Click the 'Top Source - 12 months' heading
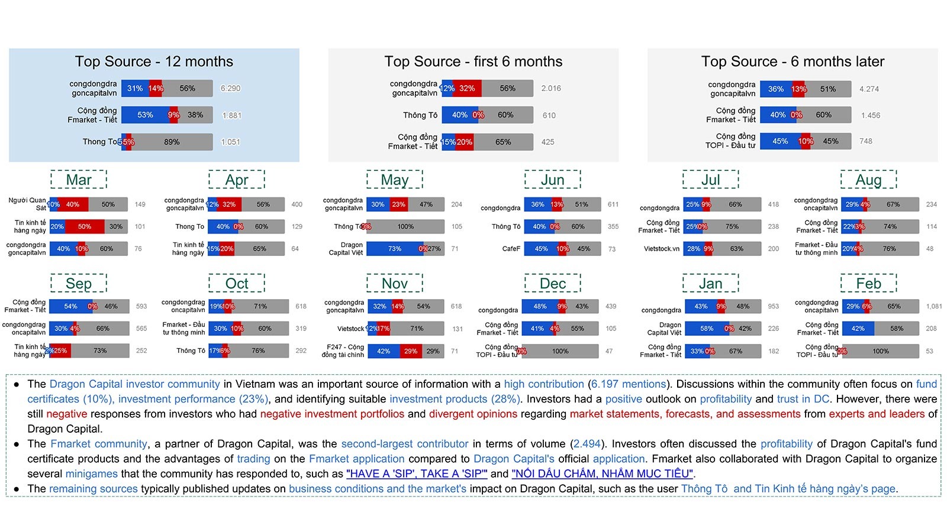tap(154, 61)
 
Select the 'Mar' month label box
tap(79, 180)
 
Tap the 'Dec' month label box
tap(552, 284)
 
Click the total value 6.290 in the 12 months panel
tap(230, 89)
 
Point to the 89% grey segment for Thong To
tap(172, 142)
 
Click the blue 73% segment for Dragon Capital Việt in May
tap(394, 249)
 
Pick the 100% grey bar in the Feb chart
tap(880, 351)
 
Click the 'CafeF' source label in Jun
tap(511, 249)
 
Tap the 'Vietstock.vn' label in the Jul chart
tap(661, 249)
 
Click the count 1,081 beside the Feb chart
tap(934, 306)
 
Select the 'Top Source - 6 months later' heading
tap(793, 61)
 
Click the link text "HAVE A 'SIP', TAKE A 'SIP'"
tap(417, 473)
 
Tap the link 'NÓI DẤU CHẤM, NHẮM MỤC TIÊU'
tap(602, 473)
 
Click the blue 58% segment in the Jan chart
tap(707, 329)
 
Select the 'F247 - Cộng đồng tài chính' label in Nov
tap(343, 351)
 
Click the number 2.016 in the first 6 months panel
tap(550, 89)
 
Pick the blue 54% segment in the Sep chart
tap(70, 306)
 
